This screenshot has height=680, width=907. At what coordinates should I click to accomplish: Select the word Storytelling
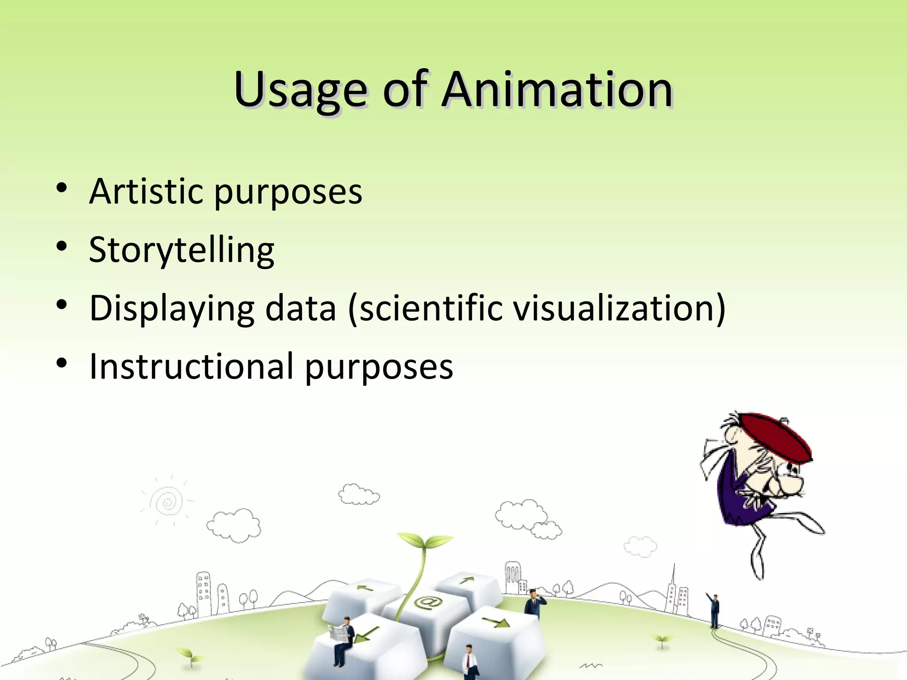[182, 250]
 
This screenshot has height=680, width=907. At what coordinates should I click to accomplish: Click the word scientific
[430, 308]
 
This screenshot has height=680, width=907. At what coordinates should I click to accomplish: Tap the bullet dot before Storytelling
[62, 246]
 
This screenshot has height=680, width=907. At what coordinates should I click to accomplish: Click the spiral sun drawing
[167, 502]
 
